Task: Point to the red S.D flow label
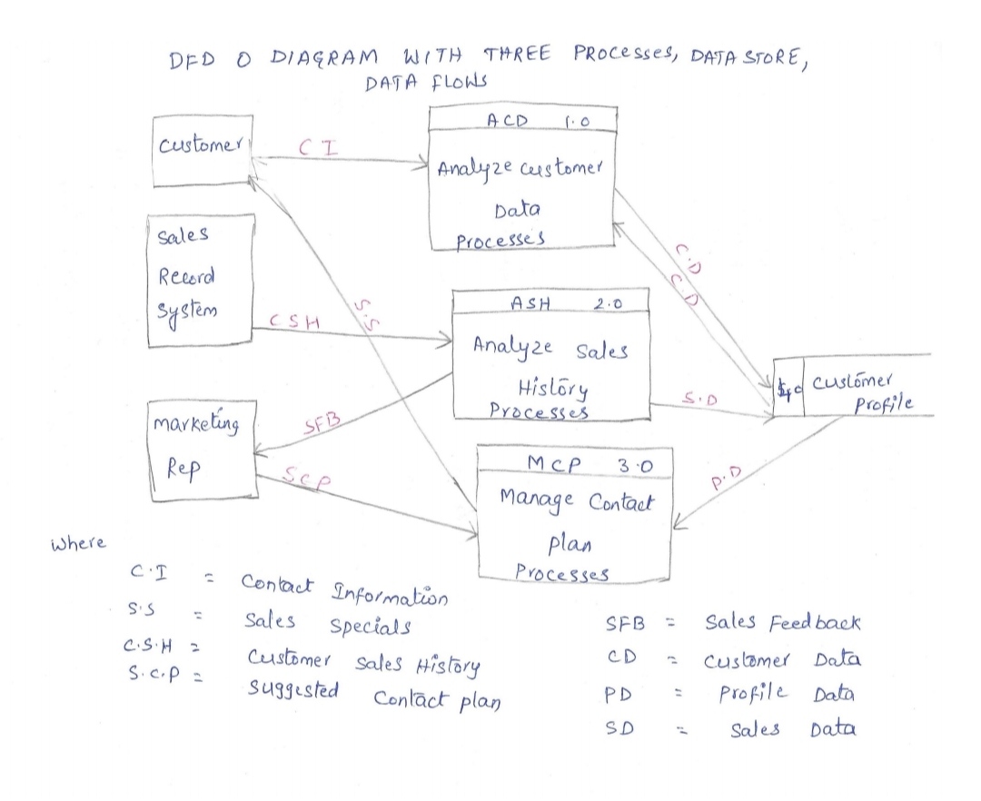click(705, 398)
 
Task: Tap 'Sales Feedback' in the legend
click(784, 624)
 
